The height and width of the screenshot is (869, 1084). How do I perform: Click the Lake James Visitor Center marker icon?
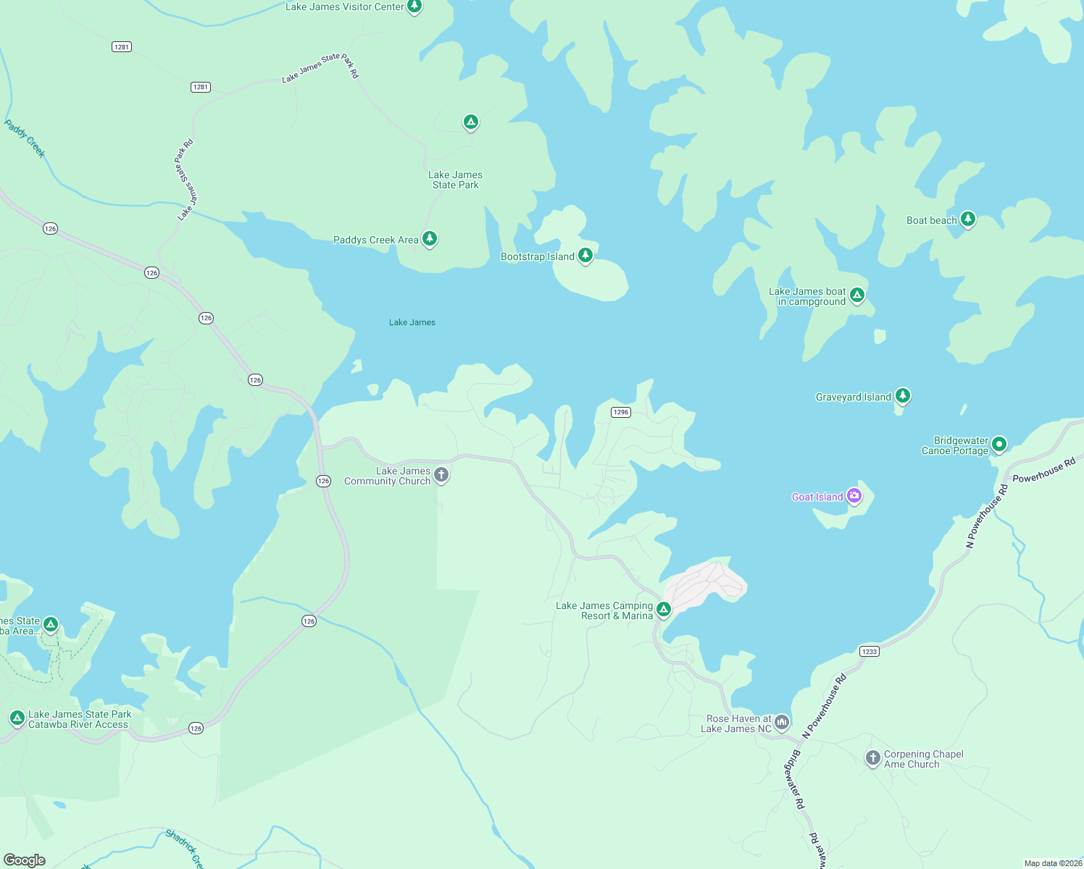pyautogui.click(x=414, y=7)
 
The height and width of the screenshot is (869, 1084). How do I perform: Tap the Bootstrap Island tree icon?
pyautogui.click(x=585, y=255)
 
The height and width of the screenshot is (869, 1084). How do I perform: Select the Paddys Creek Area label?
pyautogui.click(x=375, y=240)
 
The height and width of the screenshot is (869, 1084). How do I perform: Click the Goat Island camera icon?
pyautogui.click(x=854, y=496)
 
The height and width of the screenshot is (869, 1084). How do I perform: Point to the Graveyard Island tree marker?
pyautogui.click(x=902, y=395)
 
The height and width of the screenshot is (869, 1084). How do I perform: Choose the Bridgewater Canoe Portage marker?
pyautogui.click(x=999, y=444)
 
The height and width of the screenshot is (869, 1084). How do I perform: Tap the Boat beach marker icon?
pyautogui.click(x=967, y=219)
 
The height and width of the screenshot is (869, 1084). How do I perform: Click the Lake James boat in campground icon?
pyautogui.click(x=857, y=295)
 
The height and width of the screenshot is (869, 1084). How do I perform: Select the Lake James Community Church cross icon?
pyautogui.click(x=441, y=475)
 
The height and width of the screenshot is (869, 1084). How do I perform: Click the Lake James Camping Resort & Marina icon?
pyautogui.click(x=663, y=609)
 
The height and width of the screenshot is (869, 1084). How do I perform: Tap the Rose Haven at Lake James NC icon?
pyautogui.click(x=781, y=722)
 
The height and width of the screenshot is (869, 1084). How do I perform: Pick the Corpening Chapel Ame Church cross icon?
pyautogui.click(x=873, y=758)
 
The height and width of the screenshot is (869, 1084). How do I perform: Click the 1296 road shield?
pyautogui.click(x=621, y=412)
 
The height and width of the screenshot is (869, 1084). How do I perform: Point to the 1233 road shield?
pyautogui.click(x=870, y=651)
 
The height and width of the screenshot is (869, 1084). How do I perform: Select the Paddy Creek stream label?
pyautogui.click(x=25, y=138)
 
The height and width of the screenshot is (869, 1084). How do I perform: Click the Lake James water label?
pyautogui.click(x=412, y=322)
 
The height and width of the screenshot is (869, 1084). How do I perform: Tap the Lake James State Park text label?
pyautogui.click(x=455, y=180)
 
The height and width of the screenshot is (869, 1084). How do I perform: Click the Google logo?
pyautogui.click(x=25, y=860)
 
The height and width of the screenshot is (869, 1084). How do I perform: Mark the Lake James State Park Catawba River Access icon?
pyautogui.click(x=17, y=718)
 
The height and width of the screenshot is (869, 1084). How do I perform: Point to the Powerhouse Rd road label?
pyautogui.click(x=1043, y=470)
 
